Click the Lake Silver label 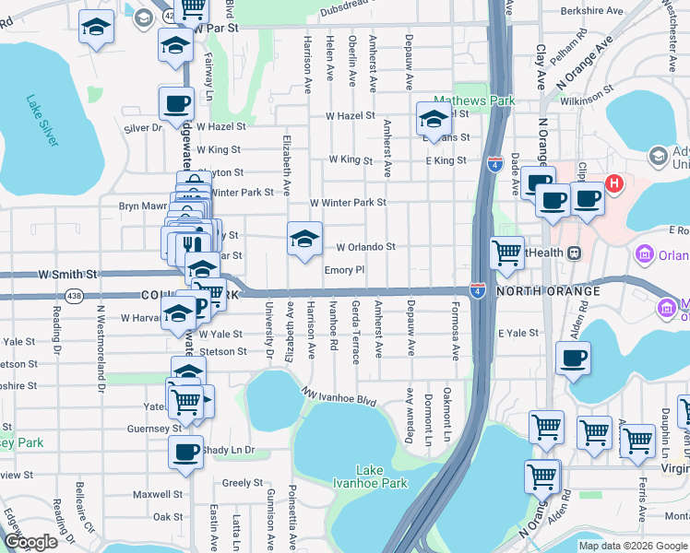click(42, 121)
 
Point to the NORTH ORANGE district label click(548, 291)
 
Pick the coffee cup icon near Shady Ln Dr click(186, 453)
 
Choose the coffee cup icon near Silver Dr click(176, 103)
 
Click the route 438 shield click(75, 295)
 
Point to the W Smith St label click(66, 275)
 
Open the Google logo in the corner click(30, 542)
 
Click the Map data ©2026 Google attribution click(633, 546)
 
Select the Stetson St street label click(224, 351)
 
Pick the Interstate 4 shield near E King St click(494, 165)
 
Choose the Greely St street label click(243, 482)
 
